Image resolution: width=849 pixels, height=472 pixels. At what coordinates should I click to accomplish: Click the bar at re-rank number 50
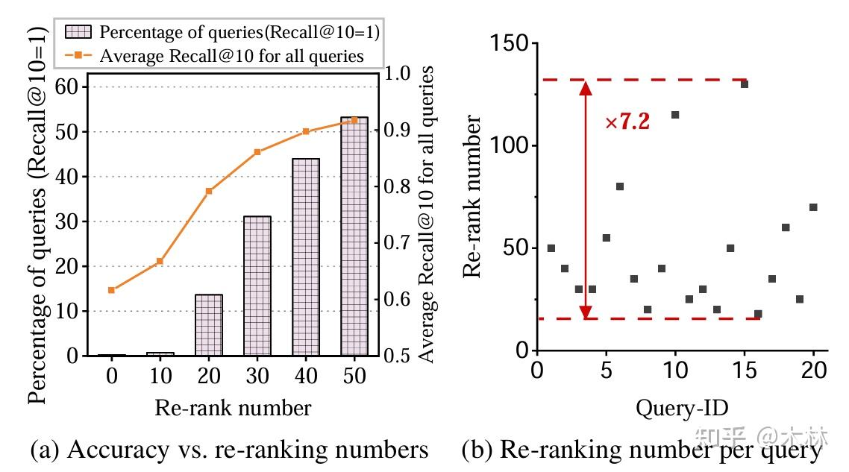point(354,236)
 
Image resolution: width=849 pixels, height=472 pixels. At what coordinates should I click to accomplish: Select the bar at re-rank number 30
point(257,286)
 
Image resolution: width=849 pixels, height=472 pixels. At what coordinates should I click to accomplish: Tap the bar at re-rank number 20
point(209,324)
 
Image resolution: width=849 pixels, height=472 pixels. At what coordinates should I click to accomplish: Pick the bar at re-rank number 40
point(306,257)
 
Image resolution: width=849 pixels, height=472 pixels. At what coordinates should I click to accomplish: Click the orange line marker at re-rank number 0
point(112,290)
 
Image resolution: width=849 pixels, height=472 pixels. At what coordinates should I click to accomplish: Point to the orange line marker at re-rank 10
point(160,262)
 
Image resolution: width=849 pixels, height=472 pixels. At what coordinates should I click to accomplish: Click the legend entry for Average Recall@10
point(231,55)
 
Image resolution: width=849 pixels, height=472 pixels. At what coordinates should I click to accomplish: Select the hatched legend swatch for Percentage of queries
point(78,32)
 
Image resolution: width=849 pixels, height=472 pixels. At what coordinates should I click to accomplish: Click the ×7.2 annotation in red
point(627,122)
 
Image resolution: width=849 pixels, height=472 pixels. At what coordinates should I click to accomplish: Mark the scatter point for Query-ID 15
point(744,84)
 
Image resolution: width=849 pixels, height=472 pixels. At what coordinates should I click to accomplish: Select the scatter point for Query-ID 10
point(675,115)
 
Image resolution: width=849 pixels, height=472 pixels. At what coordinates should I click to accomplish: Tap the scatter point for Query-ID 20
point(813,207)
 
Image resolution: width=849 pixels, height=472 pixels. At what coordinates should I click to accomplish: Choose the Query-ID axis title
point(682,408)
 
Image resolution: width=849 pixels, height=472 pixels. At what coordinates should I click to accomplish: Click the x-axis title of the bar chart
point(233,408)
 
